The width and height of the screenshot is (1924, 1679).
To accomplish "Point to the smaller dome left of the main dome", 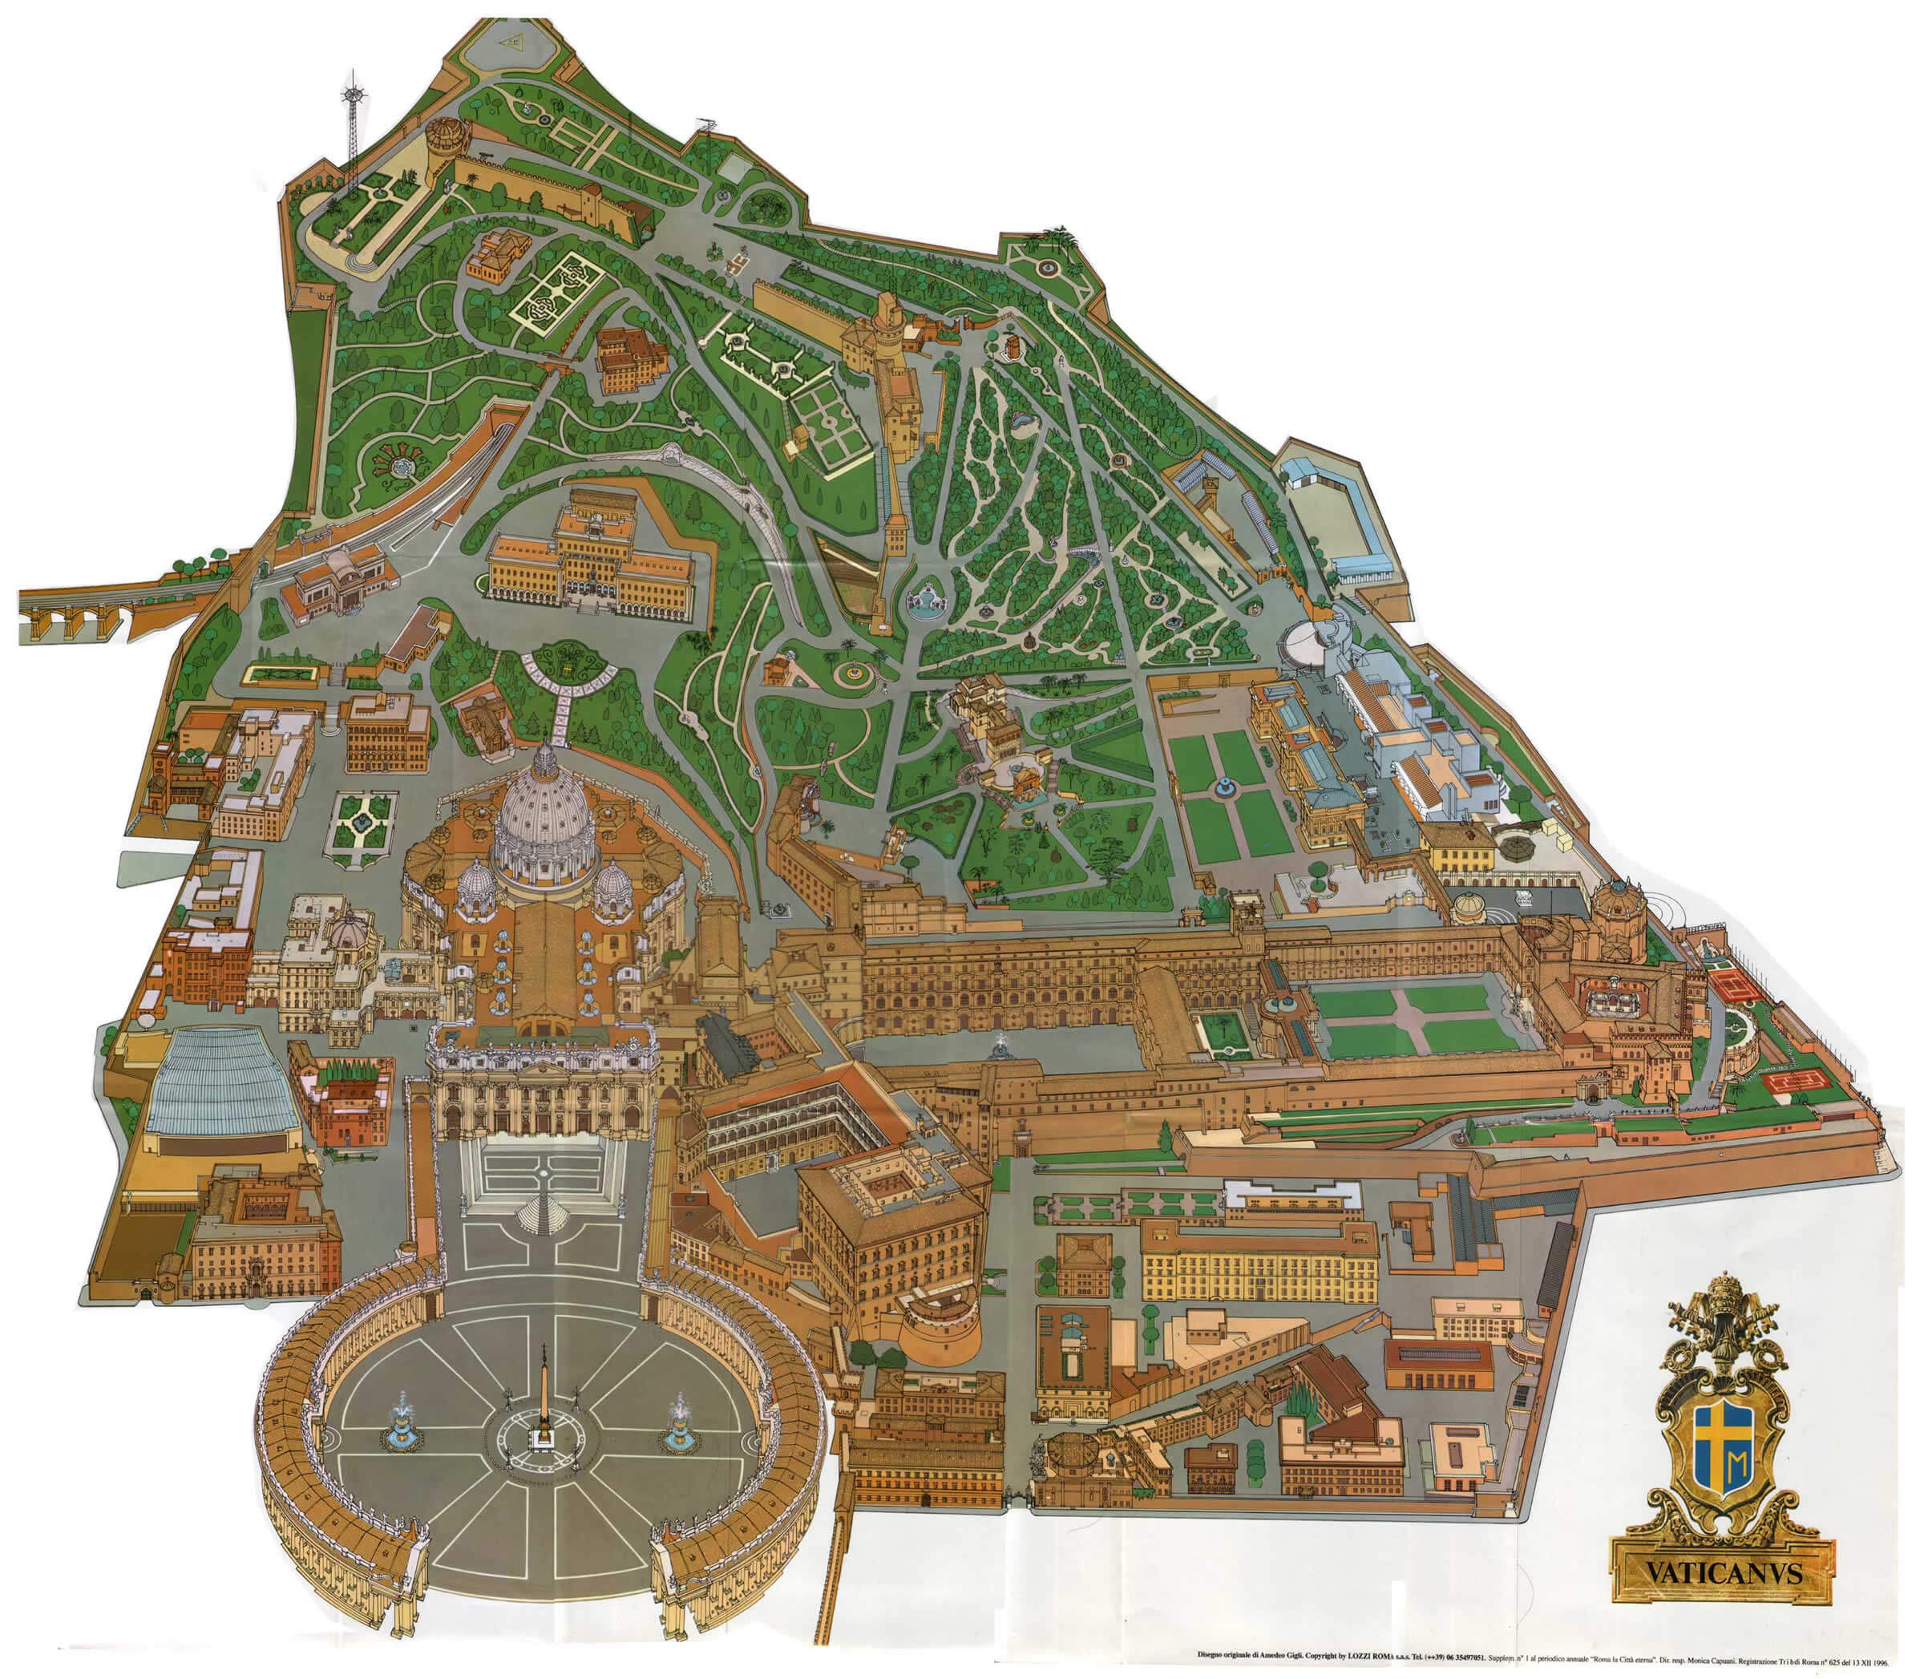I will click(477, 885).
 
